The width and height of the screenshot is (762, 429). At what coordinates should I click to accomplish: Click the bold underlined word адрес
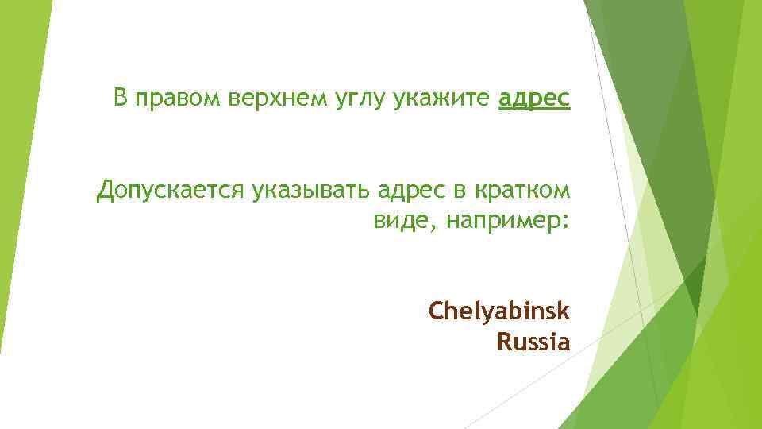pyautogui.click(x=534, y=99)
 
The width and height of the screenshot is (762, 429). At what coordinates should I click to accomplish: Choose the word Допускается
pyautogui.click(x=171, y=191)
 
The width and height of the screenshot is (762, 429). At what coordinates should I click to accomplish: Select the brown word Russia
pyautogui.click(x=533, y=343)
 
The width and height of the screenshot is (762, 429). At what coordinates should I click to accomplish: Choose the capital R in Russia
pyautogui.click(x=503, y=343)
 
